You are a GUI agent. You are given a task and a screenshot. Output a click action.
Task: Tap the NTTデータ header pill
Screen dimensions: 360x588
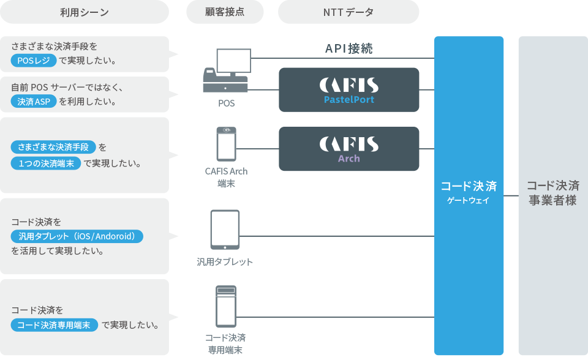[348, 12]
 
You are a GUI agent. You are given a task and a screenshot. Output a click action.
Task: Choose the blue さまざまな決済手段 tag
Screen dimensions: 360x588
[54, 147]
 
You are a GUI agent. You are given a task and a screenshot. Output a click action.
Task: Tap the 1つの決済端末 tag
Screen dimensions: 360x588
[47, 163]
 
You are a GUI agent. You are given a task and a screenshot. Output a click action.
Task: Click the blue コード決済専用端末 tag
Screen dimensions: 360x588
[55, 325]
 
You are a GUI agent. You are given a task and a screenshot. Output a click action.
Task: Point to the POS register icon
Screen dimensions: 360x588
[225, 71]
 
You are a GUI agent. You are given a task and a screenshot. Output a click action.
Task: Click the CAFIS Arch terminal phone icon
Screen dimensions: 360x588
[226, 144]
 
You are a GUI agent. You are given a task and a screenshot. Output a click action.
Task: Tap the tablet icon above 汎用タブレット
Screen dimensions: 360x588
[225, 230]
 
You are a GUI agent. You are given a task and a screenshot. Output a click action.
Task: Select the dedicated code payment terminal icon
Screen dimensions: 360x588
[226, 306]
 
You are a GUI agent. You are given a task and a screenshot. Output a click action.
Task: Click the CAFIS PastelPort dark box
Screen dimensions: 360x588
[349, 90]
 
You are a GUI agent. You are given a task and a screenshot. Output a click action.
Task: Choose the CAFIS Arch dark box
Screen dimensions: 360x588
[349, 149]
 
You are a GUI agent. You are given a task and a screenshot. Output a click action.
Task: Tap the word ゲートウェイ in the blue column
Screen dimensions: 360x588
[469, 200]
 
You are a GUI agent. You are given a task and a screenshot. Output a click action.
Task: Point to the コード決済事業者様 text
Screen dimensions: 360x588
[552, 193]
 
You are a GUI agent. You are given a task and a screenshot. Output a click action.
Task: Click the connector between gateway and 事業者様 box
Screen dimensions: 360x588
[511, 196]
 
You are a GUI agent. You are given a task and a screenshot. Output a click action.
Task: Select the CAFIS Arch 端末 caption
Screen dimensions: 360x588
[226, 177]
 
